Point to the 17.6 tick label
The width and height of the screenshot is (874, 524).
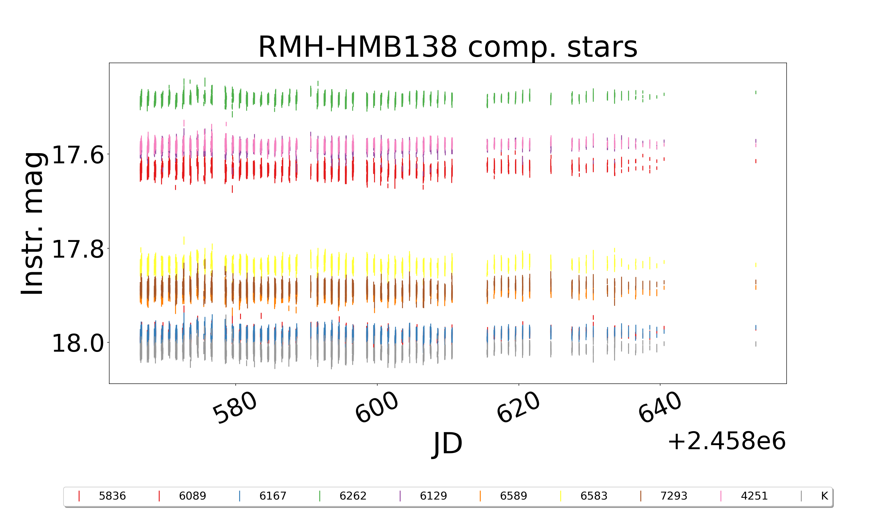point(78,155)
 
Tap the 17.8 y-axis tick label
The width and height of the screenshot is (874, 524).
point(78,249)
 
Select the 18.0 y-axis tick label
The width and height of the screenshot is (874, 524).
point(78,343)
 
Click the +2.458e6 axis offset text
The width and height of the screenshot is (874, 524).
point(726,441)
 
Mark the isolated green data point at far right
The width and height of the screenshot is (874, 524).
point(756,93)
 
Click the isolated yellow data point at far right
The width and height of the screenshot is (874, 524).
point(756,264)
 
